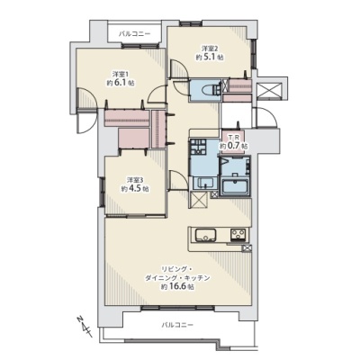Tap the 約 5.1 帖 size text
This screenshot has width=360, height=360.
210,57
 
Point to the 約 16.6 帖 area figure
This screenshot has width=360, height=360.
177,286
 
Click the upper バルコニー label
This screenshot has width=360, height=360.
134,34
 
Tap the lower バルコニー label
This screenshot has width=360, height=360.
177,325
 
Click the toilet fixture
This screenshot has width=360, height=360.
211,89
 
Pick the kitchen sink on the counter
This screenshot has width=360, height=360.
206,234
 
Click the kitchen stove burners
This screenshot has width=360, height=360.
238,234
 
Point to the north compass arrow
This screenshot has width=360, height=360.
85,326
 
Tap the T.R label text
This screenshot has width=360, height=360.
234,138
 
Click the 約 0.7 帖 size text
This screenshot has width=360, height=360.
233,146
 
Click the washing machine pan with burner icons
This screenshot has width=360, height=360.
197,148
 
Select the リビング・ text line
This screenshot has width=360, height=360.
177,268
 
